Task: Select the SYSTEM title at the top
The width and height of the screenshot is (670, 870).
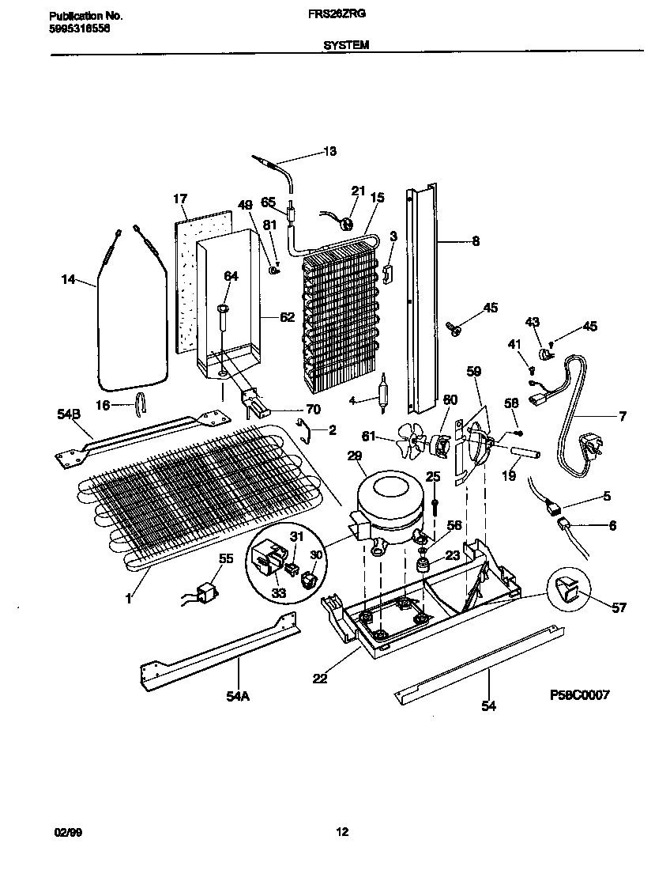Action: [x=345, y=46]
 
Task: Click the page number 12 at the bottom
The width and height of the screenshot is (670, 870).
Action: [x=341, y=831]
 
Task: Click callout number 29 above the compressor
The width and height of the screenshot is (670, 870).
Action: [x=354, y=456]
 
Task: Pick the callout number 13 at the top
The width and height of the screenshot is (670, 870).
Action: [x=329, y=152]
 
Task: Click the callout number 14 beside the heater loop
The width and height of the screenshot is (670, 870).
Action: [x=70, y=278]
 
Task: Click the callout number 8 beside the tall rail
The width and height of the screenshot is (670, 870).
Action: [x=476, y=242]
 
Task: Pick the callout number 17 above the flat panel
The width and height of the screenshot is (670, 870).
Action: [x=179, y=198]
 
